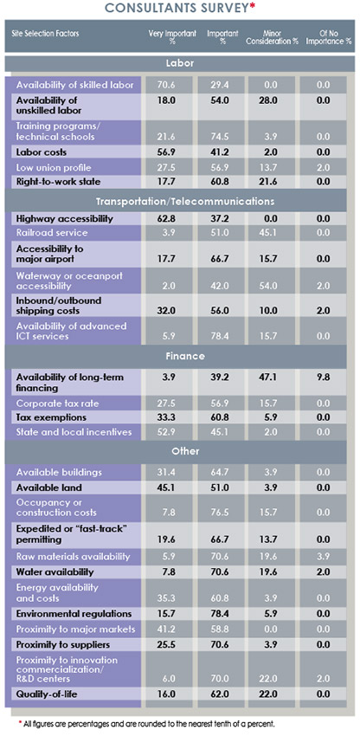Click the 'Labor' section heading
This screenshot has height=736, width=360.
(179, 63)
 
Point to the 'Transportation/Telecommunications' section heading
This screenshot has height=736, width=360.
(179, 201)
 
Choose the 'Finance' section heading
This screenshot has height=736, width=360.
(179, 356)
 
